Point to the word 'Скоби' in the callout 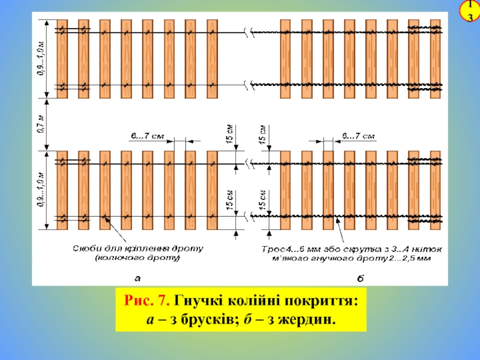click(x=87, y=248)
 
